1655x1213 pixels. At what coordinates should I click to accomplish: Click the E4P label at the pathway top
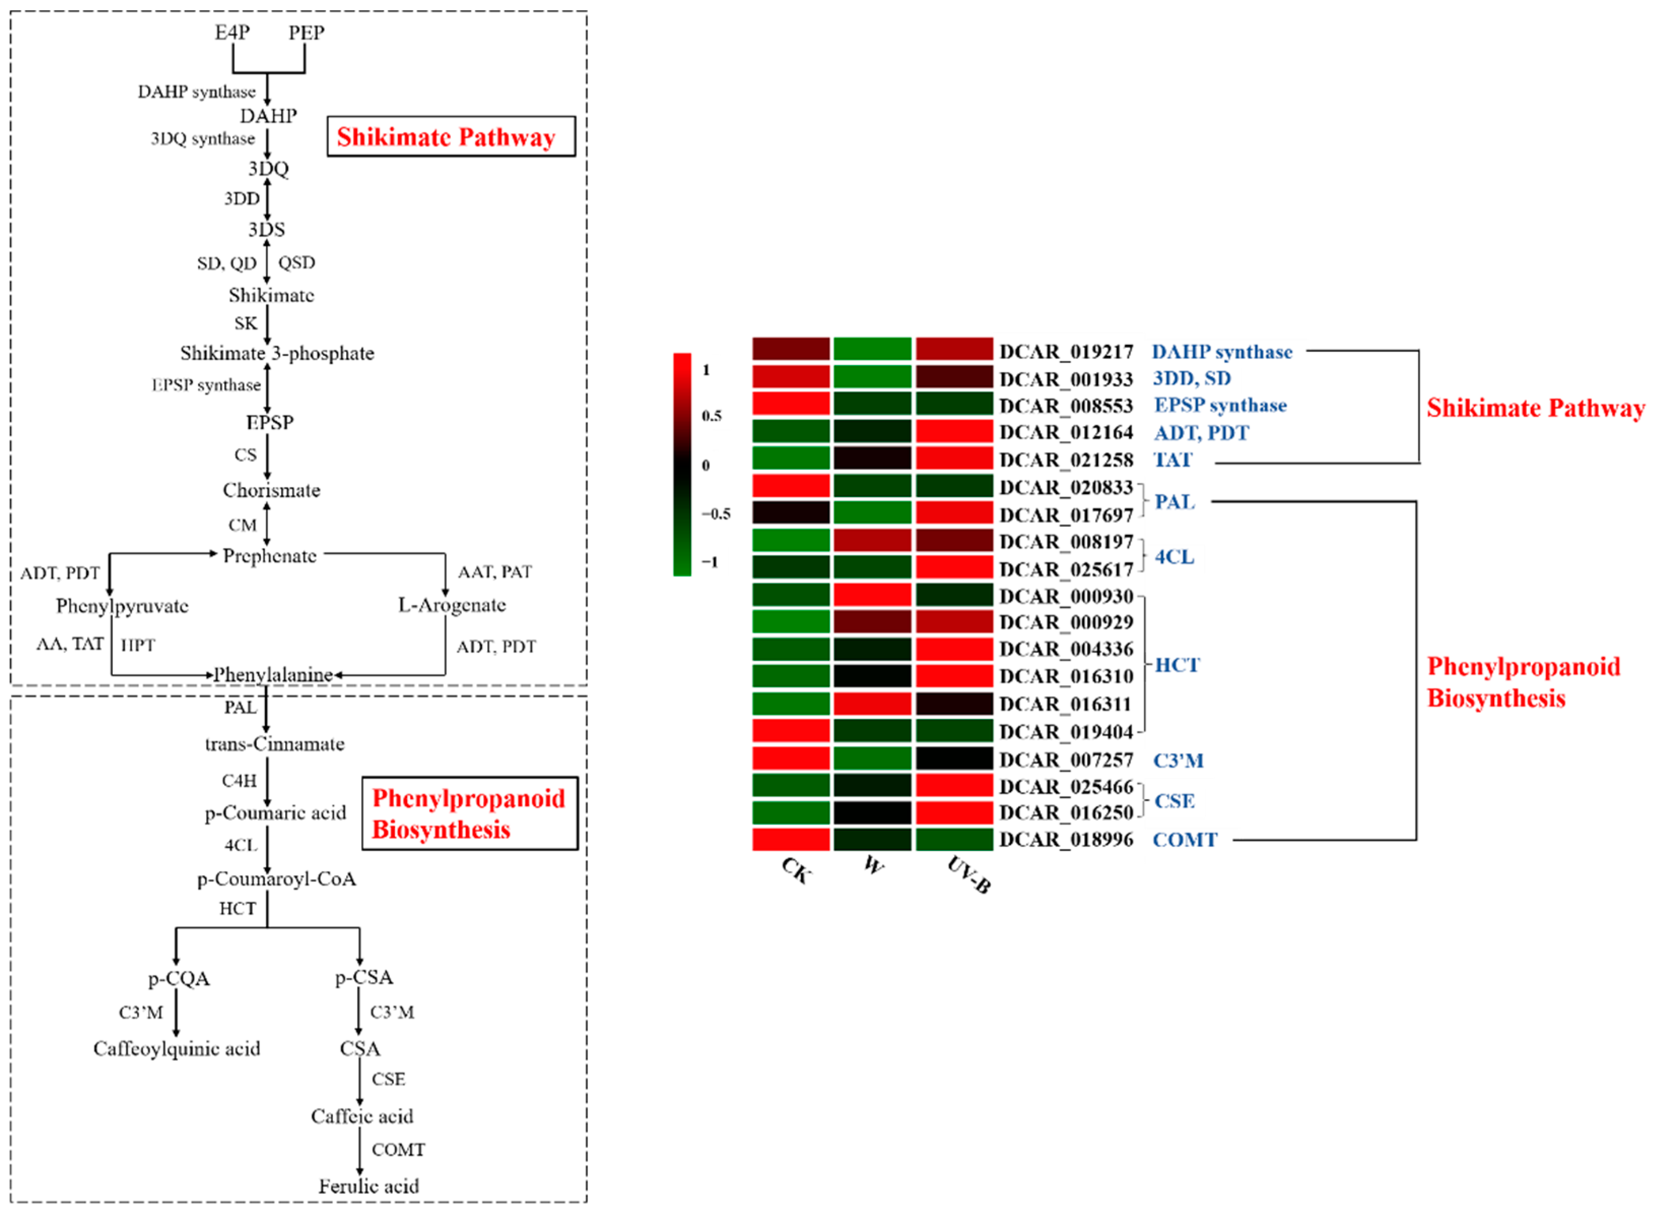tap(232, 32)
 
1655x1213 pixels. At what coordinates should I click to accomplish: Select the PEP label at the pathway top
tap(306, 32)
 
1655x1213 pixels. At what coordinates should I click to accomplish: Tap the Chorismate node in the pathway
tap(272, 490)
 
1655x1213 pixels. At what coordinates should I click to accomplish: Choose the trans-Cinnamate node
tap(275, 744)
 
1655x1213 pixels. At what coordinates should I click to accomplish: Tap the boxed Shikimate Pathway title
tap(446, 137)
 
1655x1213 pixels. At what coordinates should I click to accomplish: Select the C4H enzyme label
tap(239, 780)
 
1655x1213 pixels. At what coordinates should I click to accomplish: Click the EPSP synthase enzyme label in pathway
tap(206, 385)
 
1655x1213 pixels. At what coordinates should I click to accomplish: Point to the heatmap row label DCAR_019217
tap(1066, 352)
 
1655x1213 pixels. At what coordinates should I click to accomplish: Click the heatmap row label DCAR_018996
tap(1066, 839)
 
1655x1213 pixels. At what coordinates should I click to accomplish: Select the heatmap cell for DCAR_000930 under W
tap(872, 595)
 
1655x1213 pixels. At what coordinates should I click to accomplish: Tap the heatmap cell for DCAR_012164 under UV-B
tap(954, 431)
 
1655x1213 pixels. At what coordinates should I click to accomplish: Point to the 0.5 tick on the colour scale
tap(711, 416)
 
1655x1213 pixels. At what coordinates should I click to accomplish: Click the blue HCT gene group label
tap(1176, 665)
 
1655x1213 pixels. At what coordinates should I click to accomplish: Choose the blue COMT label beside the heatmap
tap(1185, 839)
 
